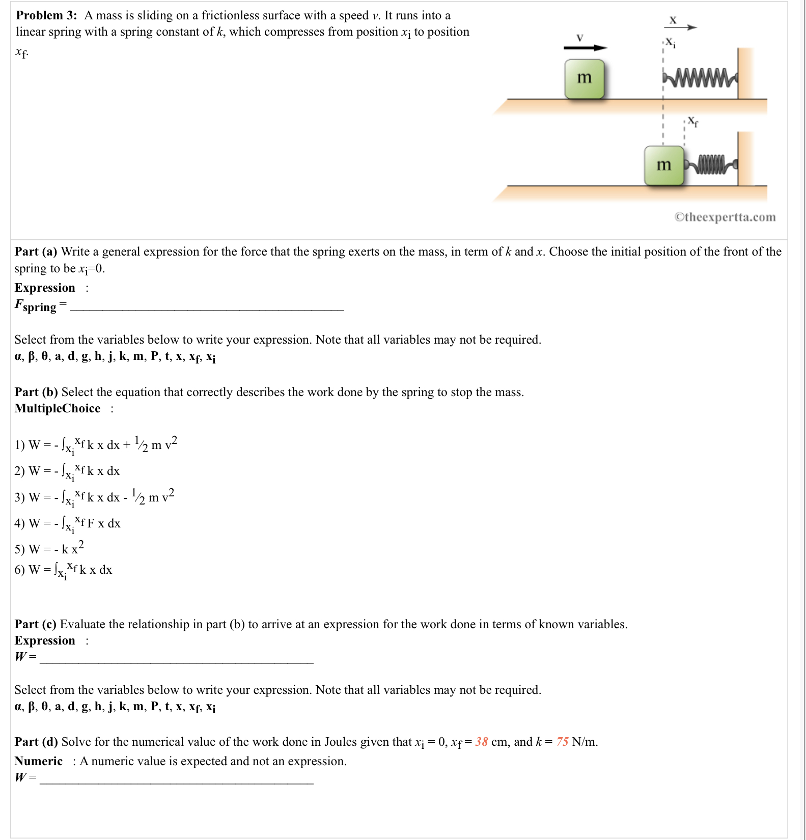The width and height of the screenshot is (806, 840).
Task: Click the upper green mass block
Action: [x=584, y=78]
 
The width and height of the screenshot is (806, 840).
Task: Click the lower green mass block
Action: [x=663, y=165]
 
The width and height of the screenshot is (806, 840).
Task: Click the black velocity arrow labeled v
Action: [x=585, y=47]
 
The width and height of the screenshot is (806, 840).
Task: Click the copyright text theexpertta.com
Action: [x=725, y=217]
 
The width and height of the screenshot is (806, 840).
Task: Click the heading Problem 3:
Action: [x=46, y=15]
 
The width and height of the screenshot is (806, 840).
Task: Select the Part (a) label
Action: [x=36, y=251]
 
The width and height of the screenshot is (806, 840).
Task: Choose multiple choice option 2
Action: [x=67, y=471]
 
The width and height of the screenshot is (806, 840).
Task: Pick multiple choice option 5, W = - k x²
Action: [x=49, y=549]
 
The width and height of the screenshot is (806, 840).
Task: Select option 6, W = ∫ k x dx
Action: [x=63, y=570]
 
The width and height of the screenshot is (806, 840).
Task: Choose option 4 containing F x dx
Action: [x=68, y=523]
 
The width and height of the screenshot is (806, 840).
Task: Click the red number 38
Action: [x=481, y=742]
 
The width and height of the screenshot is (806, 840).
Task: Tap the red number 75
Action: [x=562, y=742]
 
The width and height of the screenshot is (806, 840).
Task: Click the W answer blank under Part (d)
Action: [x=176, y=780]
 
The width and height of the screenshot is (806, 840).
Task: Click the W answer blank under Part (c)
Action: [x=176, y=659]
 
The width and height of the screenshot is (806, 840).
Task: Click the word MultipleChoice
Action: [x=58, y=408]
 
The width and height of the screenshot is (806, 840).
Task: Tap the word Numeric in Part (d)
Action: [x=39, y=761]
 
